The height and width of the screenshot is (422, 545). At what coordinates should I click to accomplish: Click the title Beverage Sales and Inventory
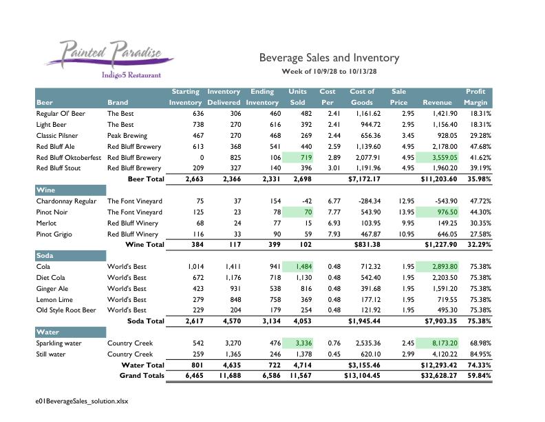pyautogui.click(x=329, y=58)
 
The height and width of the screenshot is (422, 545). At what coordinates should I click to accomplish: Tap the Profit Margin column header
pyautogui.click(x=475, y=97)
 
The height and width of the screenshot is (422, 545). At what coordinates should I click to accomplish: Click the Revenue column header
pyautogui.click(x=437, y=103)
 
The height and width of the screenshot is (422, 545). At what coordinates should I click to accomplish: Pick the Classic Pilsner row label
pyautogui.click(x=59, y=136)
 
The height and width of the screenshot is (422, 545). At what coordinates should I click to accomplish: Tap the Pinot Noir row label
pyautogui.click(x=51, y=212)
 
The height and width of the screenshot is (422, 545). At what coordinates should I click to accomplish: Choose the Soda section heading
pyautogui.click(x=45, y=255)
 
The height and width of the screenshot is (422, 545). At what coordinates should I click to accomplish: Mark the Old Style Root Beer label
pyautogui.click(x=66, y=310)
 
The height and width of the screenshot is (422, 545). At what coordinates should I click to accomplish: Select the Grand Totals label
pyautogui.click(x=141, y=376)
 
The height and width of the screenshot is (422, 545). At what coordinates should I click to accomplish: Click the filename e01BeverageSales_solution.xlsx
pyautogui.click(x=83, y=400)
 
